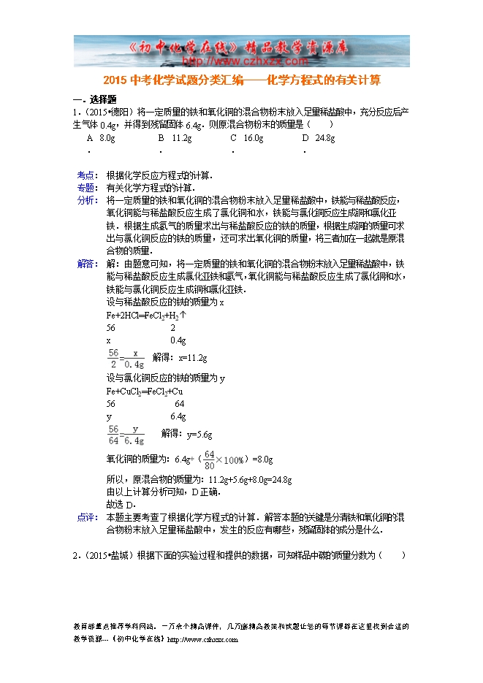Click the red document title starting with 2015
point(242,80)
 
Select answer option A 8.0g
point(101,137)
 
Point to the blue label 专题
point(86,188)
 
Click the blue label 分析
point(86,200)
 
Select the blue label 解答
point(86,264)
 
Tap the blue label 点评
point(86,517)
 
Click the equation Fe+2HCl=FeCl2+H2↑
point(146,316)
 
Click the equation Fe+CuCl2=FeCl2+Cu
point(145,391)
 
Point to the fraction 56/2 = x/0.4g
point(126,359)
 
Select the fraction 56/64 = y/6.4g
point(126,435)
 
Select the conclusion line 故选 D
point(122,505)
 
